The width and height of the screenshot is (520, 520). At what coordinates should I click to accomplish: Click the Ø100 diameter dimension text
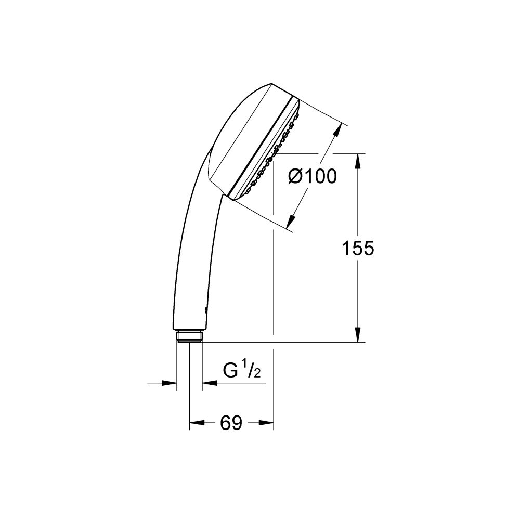pyautogui.click(x=312, y=177)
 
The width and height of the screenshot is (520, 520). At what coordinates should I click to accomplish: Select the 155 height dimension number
pyautogui.click(x=358, y=249)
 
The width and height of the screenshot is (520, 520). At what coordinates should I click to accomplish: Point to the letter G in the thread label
pyautogui.click(x=230, y=371)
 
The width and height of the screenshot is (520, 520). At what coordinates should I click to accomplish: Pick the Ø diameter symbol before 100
pyautogui.click(x=295, y=177)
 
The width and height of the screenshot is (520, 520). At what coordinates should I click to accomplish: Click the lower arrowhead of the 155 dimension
pyautogui.click(x=358, y=335)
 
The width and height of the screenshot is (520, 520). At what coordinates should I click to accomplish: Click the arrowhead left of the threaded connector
pyautogui.click(x=171, y=383)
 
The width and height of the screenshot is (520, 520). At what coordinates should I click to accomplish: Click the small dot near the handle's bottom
pyautogui.click(x=206, y=310)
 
